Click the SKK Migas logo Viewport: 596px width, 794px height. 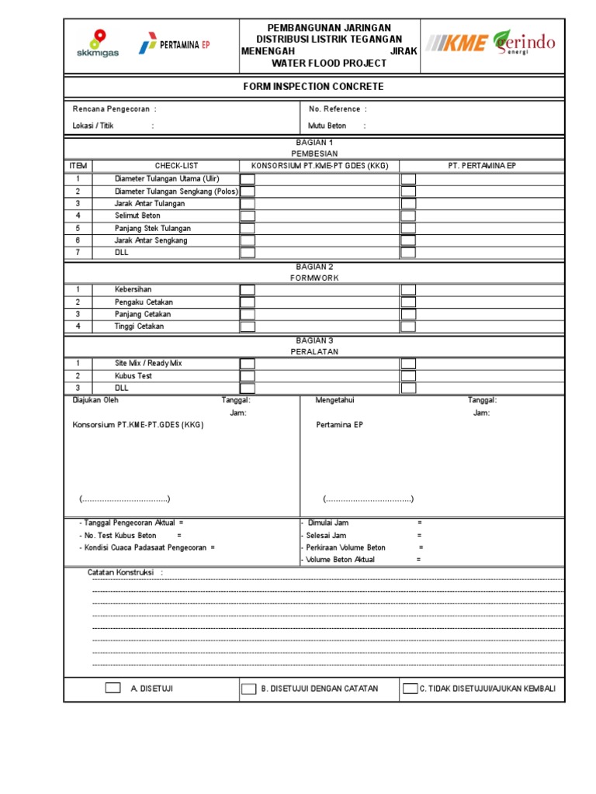point(98,44)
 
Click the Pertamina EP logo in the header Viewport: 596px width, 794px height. point(174,45)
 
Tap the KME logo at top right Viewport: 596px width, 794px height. point(457,43)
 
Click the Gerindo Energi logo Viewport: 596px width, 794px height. point(525,43)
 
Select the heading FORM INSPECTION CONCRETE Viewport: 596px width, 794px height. point(314,87)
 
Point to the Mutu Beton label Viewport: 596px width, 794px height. point(327,126)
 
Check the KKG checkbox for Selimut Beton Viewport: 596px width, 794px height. point(247,216)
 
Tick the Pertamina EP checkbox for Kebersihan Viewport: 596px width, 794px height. point(408,290)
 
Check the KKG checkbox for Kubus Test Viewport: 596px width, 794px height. point(247,376)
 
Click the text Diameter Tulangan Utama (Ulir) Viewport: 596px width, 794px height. point(167,178)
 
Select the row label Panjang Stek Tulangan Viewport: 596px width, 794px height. point(153,228)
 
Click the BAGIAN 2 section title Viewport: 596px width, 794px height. point(314,266)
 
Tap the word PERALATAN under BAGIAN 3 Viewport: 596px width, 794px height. point(314,352)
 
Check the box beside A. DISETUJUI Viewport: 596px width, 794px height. point(113,688)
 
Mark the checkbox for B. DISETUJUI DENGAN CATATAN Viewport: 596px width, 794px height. point(248,689)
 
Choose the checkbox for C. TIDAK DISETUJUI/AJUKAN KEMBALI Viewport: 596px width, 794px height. point(410,689)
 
